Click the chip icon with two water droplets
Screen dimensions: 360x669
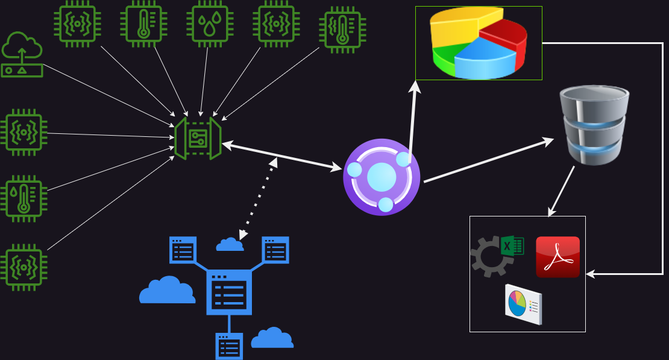pyautogui.click(x=210, y=24)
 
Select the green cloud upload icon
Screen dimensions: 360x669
pyautogui.click(x=22, y=54)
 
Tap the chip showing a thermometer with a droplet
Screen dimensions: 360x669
pyautogui.click(x=24, y=198)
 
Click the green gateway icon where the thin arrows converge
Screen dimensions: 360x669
pyautogui.click(x=198, y=138)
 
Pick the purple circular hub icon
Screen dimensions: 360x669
pyautogui.click(x=381, y=177)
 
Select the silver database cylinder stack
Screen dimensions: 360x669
pyautogui.click(x=594, y=125)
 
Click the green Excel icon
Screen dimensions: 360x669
pyautogui.click(x=512, y=246)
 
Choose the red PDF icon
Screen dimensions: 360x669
pyautogui.click(x=557, y=257)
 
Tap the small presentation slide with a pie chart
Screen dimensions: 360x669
pyautogui.click(x=523, y=304)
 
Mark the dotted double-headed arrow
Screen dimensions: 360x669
pyautogui.click(x=258, y=199)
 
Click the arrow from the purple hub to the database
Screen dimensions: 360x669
pyautogui.click(x=488, y=161)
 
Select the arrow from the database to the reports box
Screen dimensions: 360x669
pyautogui.click(x=561, y=192)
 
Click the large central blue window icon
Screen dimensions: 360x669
pyautogui.click(x=229, y=292)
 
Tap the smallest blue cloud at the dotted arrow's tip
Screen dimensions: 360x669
pyautogui.click(x=229, y=245)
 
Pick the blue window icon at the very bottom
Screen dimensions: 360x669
pyautogui.click(x=229, y=347)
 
